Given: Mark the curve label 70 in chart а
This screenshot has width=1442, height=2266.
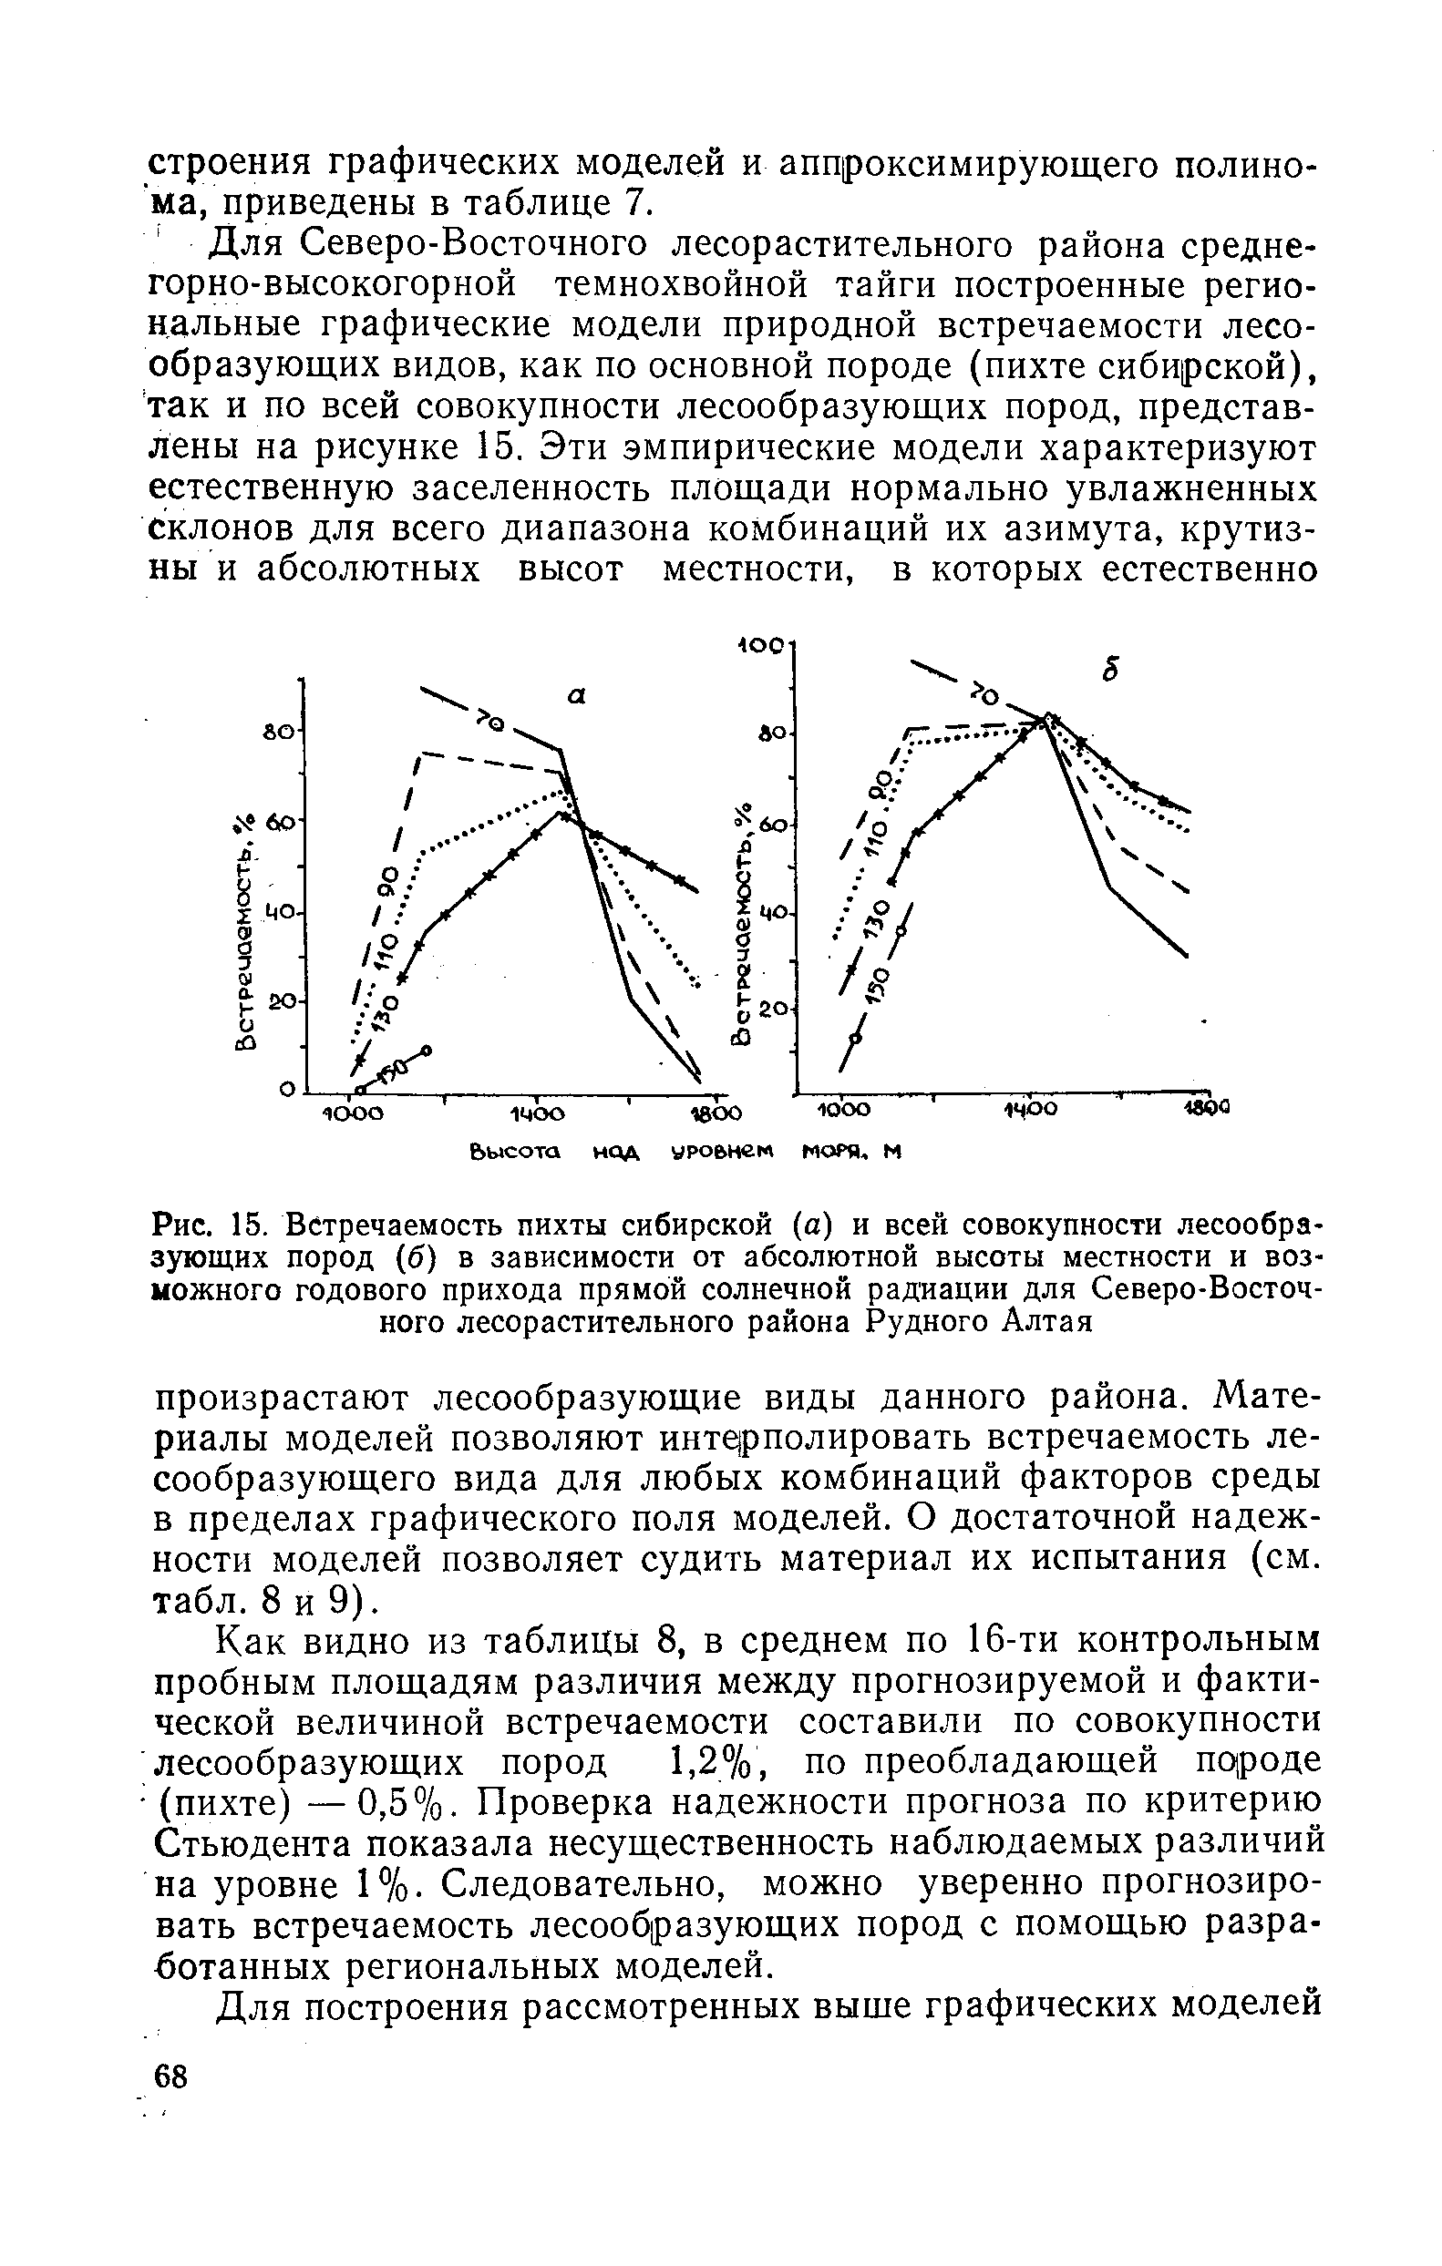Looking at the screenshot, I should [490, 721].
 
